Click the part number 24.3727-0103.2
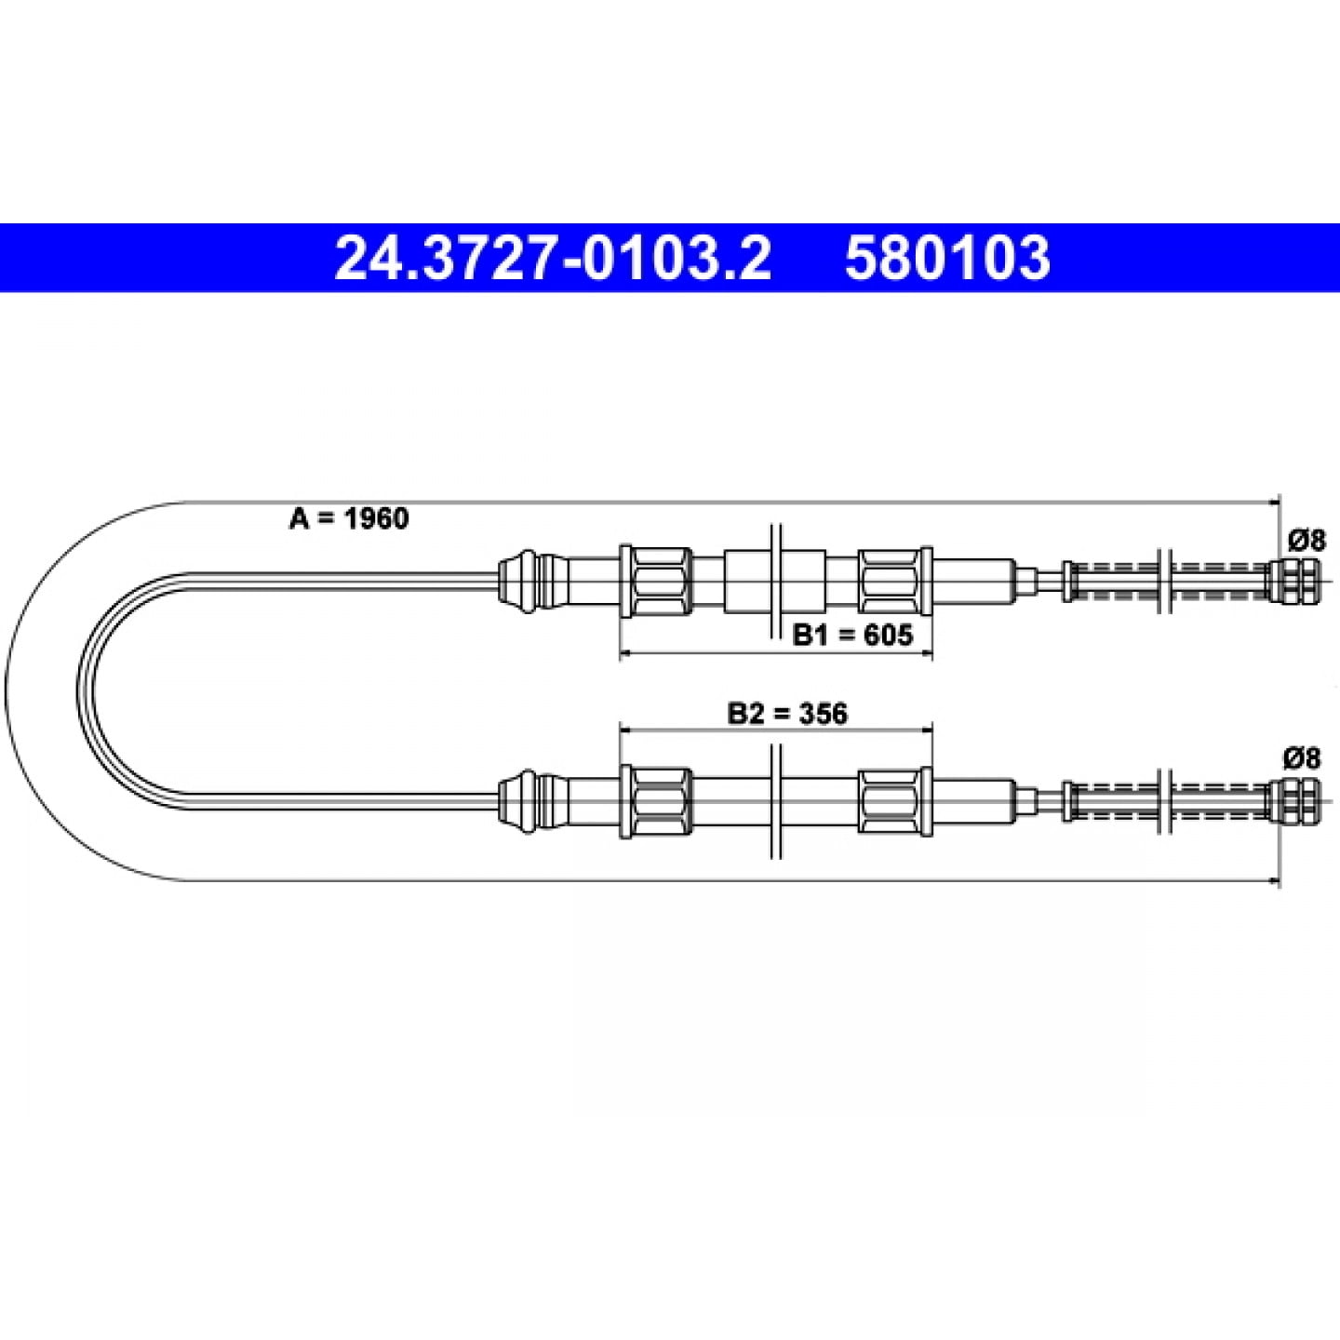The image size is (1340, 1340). (x=553, y=258)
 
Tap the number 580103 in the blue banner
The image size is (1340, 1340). (x=947, y=258)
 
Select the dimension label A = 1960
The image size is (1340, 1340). (x=349, y=518)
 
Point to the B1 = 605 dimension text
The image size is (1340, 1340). (x=852, y=635)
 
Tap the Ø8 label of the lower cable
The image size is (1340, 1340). (x=1303, y=758)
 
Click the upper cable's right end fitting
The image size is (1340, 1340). (x=1292, y=582)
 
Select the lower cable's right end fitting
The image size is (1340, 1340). (x=1292, y=801)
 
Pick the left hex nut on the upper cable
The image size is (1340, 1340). (x=656, y=582)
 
